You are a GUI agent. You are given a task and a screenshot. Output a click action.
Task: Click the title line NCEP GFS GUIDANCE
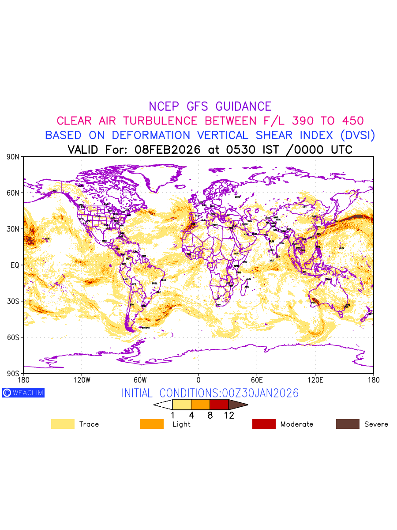210,106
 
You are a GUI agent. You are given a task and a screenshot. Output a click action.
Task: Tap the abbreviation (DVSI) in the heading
355,135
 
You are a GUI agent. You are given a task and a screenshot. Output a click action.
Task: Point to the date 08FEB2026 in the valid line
168,150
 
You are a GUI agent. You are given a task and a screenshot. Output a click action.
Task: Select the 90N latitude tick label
13,157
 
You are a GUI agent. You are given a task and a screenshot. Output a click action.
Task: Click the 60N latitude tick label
13,193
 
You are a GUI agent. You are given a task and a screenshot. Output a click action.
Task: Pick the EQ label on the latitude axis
15,265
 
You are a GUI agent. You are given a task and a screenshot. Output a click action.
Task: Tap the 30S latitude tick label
13,301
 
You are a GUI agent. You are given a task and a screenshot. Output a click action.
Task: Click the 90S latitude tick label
13,374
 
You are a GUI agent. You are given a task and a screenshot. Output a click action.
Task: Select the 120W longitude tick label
82,380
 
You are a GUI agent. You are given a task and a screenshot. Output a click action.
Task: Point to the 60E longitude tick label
257,380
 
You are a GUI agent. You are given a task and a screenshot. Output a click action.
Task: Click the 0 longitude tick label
198,380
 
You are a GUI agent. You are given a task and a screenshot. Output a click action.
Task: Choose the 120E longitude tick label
315,380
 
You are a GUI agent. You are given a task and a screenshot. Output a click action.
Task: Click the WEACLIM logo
23,393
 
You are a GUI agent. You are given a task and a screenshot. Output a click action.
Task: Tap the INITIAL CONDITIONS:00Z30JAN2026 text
210,393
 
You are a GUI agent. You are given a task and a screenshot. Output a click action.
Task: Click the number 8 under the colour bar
210,416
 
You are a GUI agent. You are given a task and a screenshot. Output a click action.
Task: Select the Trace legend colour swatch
63,424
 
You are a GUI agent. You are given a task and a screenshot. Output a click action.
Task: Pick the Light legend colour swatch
152,424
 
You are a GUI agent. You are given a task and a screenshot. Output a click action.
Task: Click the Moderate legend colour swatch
264,424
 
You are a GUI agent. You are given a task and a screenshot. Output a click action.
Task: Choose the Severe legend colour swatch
348,424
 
